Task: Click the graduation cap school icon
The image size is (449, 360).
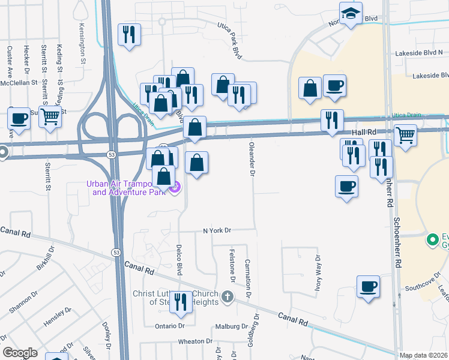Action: coord(350,13)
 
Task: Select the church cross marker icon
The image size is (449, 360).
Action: coord(227,296)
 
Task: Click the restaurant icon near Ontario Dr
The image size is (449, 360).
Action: coord(180,302)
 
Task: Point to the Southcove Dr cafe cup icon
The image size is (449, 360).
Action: coord(369,286)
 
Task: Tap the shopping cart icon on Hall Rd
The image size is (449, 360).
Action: coord(405,135)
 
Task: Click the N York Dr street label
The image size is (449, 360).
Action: coord(217,230)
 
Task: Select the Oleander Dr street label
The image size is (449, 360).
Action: coord(253,159)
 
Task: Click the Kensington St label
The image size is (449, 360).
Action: coord(81,39)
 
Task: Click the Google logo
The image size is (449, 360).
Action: coord(20,352)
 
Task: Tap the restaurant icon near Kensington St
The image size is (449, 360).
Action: coord(129,34)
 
